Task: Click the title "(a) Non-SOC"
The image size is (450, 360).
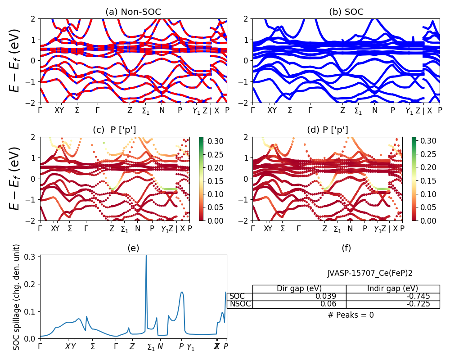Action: click(x=133, y=12)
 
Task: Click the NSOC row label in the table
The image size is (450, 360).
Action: click(x=240, y=304)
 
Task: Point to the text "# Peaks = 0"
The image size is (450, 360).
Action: click(x=351, y=315)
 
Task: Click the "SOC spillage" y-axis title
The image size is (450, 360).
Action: click(x=17, y=297)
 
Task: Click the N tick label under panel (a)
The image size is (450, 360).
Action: click(x=162, y=110)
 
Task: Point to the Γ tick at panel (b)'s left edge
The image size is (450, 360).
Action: click(x=252, y=110)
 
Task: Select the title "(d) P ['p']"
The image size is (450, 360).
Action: click(x=327, y=130)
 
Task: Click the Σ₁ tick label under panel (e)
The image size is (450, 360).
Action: click(x=151, y=347)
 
